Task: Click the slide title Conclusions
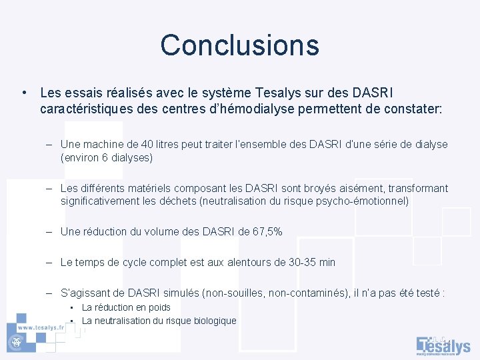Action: (x=239, y=45)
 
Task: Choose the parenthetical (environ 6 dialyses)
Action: (x=107, y=158)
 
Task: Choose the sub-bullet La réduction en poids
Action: (x=126, y=307)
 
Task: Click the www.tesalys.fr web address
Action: (x=41, y=327)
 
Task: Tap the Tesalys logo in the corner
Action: (x=443, y=345)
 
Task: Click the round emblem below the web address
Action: (x=13, y=341)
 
